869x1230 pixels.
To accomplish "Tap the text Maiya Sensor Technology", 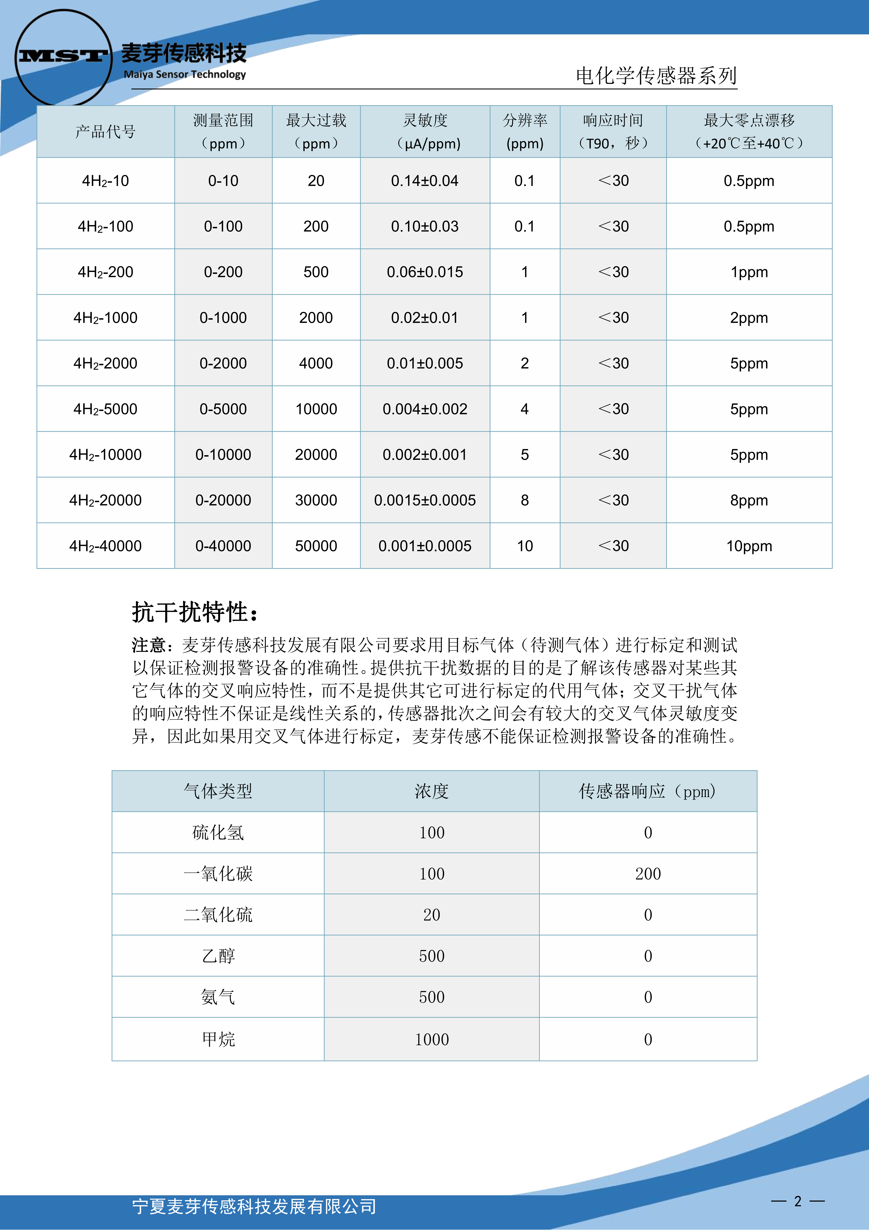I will coord(185,75).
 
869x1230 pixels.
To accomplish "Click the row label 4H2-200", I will coord(105,272).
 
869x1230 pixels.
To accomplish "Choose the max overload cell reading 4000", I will coord(316,363).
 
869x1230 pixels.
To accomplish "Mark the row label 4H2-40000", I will coord(105,546).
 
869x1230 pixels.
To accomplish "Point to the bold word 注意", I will coord(149,645).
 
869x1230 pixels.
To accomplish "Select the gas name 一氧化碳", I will coord(218,874).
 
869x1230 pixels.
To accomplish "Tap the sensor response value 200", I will coord(648,874).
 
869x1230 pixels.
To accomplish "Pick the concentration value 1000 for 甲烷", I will coord(432,1039).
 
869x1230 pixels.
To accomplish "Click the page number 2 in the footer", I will coord(798,1201).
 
